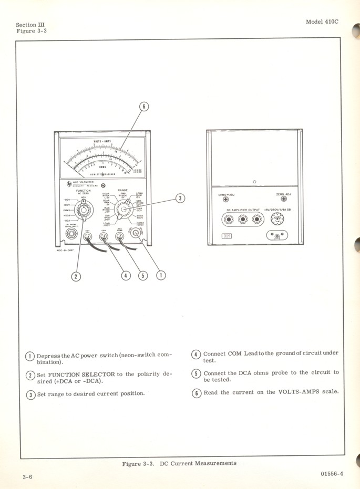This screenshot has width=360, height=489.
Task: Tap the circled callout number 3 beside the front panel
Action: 180,199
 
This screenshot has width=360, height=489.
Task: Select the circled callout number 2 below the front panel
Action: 77,276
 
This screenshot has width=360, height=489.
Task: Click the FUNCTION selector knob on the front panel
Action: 83,211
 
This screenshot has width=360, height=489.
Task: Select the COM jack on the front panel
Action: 104,236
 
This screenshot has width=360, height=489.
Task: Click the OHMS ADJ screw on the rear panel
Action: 226,200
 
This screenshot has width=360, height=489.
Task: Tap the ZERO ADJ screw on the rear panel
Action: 283,199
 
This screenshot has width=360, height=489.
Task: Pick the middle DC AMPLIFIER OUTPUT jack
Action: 243,218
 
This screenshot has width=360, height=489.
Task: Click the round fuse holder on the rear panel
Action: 275,219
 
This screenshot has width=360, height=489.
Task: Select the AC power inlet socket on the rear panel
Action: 277,236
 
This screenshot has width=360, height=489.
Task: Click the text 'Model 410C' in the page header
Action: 322,22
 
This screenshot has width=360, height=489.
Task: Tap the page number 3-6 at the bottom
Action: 27,477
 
